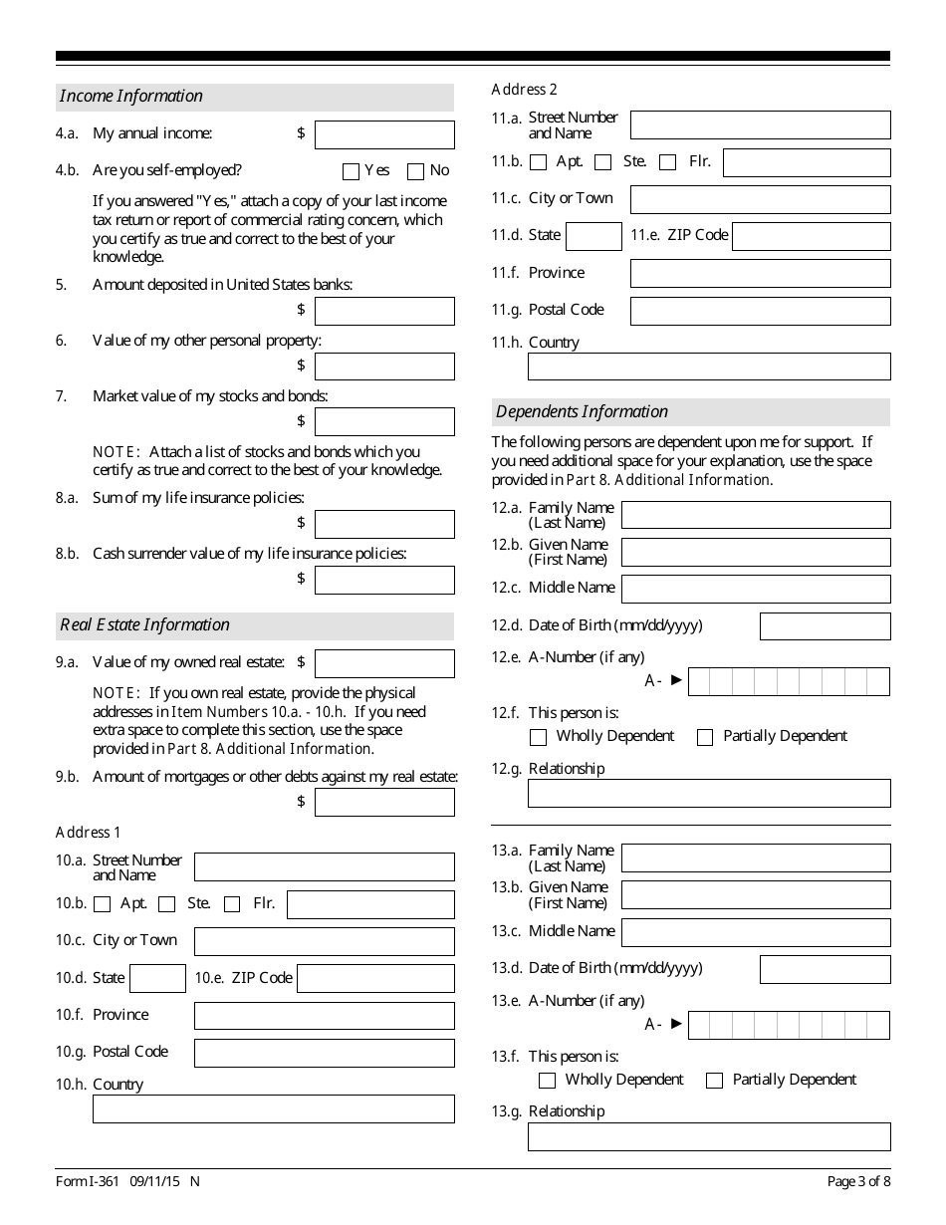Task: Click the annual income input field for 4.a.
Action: (x=384, y=134)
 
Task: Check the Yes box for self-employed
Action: (x=350, y=171)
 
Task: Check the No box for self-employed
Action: (x=416, y=171)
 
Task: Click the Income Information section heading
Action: (x=131, y=97)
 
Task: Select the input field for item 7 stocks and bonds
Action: (x=384, y=421)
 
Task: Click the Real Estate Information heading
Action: (x=145, y=625)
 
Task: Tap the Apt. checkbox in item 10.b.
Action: (x=102, y=904)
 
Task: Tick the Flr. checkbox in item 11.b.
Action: (x=668, y=162)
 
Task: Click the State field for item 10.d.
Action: (x=157, y=979)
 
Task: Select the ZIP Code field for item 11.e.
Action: (x=811, y=236)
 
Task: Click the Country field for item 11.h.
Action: (x=709, y=367)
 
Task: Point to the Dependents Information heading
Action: (x=583, y=412)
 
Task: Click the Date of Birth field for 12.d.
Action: (x=825, y=626)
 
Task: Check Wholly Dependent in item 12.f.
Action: (x=539, y=737)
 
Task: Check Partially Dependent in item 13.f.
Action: (x=714, y=1081)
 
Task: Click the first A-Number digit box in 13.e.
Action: (x=699, y=1025)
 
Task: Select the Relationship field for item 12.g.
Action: (x=709, y=793)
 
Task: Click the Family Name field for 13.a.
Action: (x=755, y=857)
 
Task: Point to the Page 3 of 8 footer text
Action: (x=858, y=1182)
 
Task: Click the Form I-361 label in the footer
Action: (x=88, y=1182)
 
